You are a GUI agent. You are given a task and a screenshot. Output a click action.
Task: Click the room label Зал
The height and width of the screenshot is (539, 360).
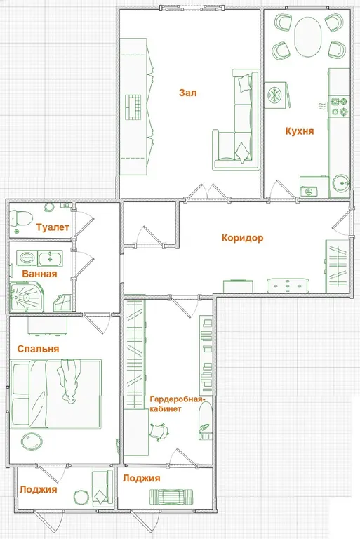pyautogui.click(x=188, y=93)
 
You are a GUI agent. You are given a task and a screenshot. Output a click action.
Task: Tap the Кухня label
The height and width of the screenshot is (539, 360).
pyautogui.click(x=300, y=131)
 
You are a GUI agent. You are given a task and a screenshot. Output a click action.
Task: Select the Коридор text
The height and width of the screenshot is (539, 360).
pyautogui.click(x=242, y=238)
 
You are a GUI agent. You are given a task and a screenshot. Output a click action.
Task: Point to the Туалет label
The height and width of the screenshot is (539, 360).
pyautogui.click(x=53, y=227)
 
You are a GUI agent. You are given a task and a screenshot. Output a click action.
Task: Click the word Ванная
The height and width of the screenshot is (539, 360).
pyautogui.click(x=39, y=274)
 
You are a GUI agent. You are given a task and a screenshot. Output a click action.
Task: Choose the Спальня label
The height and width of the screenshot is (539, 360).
pyautogui.click(x=38, y=349)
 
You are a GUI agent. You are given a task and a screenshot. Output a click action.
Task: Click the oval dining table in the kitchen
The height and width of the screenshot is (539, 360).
pyautogui.click(x=308, y=36)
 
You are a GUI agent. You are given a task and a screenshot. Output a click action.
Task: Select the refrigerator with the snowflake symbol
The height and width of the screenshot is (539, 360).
pyautogui.click(x=276, y=95)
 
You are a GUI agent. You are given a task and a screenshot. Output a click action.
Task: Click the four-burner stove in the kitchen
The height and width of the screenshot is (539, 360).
pyautogui.click(x=340, y=107)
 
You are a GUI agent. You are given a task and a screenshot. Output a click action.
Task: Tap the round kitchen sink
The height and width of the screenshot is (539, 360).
pyautogui.click(x=341, y=183)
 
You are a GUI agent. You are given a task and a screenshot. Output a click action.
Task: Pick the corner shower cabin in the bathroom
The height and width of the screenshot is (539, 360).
pyautogui.click(x=26, y=296)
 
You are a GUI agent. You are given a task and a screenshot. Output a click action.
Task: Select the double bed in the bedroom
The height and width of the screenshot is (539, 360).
pyautogui.click(x=55, y=394)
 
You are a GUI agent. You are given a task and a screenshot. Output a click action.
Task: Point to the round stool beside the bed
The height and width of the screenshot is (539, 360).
pyautogui.click(x=32, y=441)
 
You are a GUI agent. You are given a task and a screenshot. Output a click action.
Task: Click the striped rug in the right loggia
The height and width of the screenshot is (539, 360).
pyautogui.click(x=171, y=497)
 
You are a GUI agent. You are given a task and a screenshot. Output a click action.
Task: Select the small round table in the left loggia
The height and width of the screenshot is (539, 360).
pyautogui.click(x=81, y=498)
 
